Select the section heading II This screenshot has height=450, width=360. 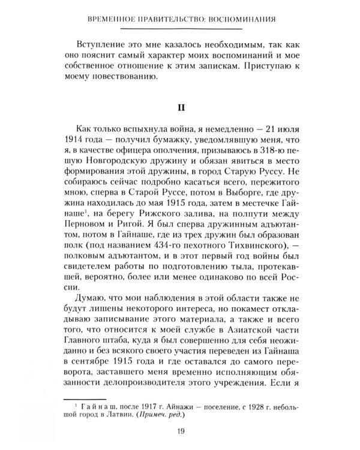point(179,109)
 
